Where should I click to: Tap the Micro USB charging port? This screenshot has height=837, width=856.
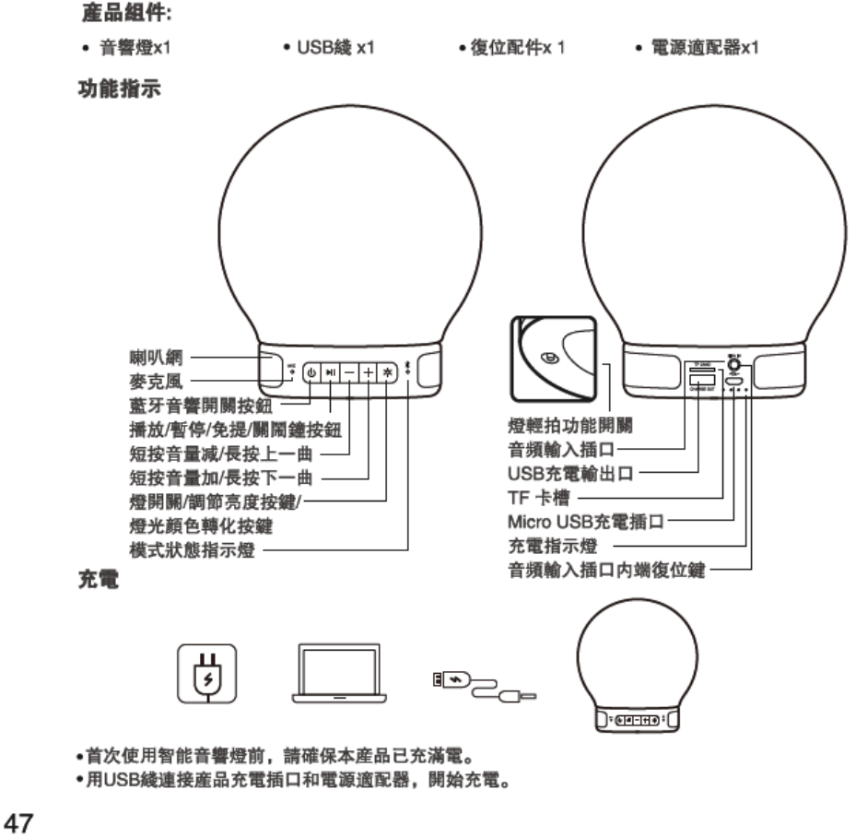click(x=734, y=378)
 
